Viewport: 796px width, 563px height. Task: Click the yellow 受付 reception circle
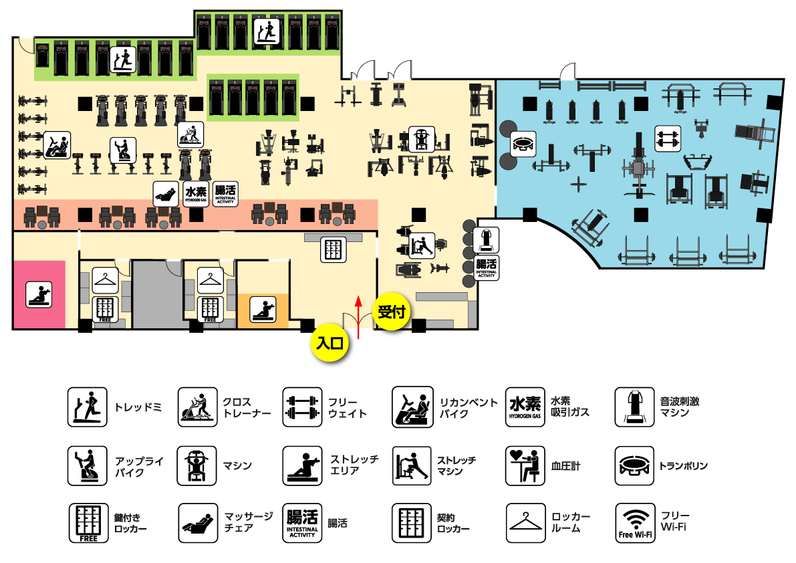392,312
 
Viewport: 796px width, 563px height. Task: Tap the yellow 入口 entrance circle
329,343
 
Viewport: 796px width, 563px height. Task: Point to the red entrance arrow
358,318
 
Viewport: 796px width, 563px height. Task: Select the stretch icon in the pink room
39,294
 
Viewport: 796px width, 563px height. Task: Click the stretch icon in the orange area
263,309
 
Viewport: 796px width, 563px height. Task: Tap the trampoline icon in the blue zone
523,144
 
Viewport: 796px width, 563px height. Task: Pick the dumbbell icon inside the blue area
668,138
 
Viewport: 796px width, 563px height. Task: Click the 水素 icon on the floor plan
196,194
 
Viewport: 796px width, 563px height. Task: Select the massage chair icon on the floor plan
166,194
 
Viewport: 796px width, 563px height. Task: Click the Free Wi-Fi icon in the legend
634,523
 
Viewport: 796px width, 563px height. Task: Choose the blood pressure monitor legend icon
525,465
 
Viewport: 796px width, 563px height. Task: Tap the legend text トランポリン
683,465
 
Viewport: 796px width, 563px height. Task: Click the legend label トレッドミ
138,407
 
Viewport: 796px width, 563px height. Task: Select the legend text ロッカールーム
571,522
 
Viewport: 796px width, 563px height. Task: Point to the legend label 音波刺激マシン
679,407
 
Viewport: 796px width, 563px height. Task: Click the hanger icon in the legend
525,523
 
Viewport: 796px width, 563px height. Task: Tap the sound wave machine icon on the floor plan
486,240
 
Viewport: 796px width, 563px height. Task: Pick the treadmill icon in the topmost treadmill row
267,31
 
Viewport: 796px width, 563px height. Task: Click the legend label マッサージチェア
248,522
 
